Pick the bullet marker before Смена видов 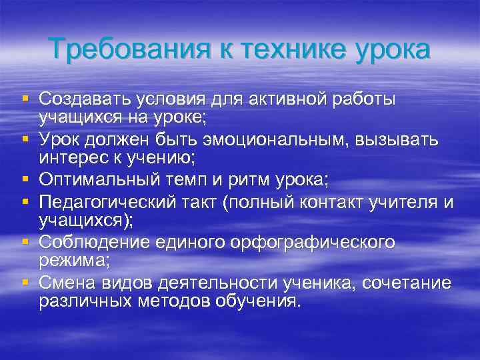[x=25, y=282]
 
